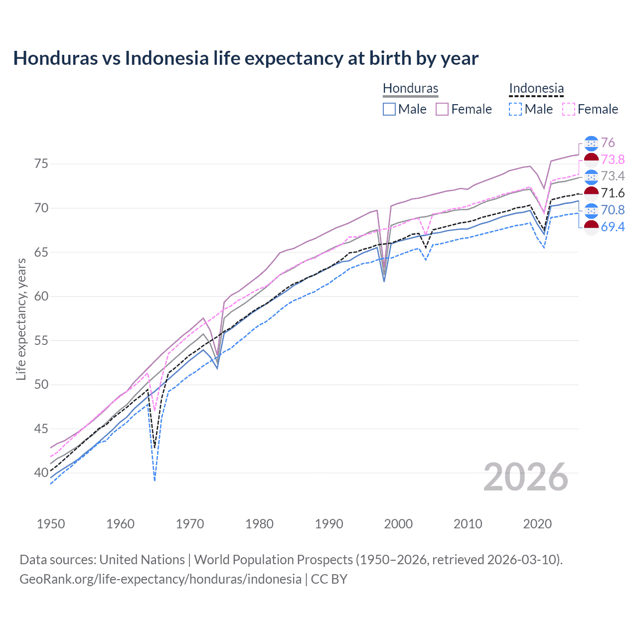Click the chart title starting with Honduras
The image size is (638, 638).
(x=246, y=58)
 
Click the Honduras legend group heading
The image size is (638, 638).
(x=410, y=88)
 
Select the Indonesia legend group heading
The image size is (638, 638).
(x=536, y=88)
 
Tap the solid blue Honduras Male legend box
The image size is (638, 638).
(x=389, y=109)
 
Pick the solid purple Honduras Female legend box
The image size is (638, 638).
(x=442, y=109)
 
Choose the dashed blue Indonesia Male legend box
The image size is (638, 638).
(x=515, y=109)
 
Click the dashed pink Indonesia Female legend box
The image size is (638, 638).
(x=568, y=109)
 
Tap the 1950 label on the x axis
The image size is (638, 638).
(x=51, y=524)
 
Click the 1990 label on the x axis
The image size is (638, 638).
(x=329, y=524)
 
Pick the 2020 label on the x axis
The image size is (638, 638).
(x=537, y=524)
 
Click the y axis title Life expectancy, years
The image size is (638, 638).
(x=21, y=319)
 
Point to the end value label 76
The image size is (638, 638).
(x=608, y=143)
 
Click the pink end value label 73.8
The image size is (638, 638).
(x=613, y=159)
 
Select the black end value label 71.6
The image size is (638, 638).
(x=613, y=193)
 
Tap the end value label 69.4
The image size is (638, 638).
(x=613, y=227)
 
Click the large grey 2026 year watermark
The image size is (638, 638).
(x=526, y=477)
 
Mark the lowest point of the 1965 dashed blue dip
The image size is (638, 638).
(x=155, y=480)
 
